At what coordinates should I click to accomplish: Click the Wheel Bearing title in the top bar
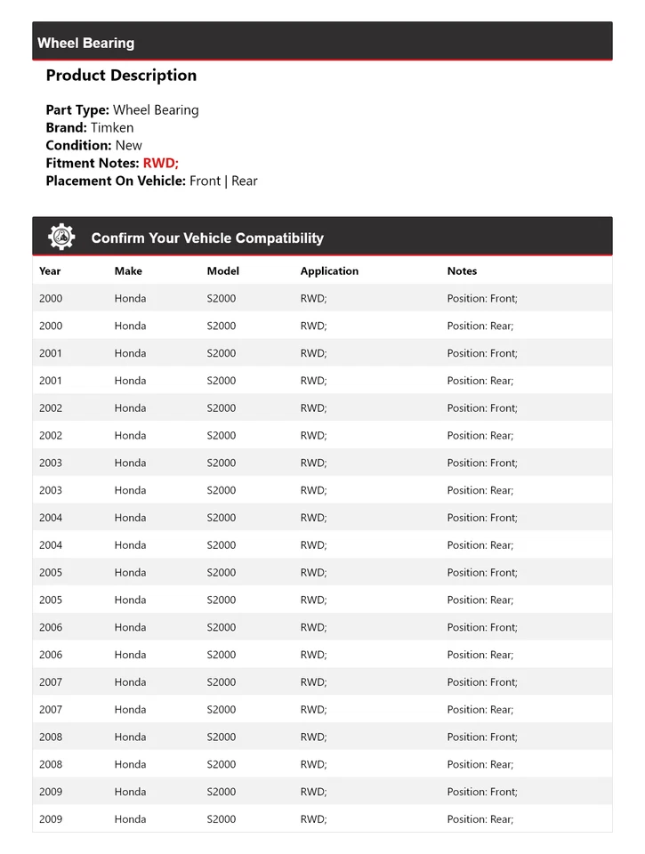click(86, 43)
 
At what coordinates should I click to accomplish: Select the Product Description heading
click(121, 76)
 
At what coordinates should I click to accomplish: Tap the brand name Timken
click(112, 127)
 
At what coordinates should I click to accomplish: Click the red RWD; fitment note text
click(161, 163)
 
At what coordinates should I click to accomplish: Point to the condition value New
click(129, 145)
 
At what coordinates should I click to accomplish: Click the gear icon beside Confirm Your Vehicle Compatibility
click(61, 238)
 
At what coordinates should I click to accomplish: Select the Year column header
click(50, 271)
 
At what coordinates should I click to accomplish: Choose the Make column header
click(128, 271)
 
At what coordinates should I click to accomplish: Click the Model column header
click(223, 271)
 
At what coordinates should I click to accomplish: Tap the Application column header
click(329, 271)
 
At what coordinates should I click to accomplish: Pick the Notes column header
click(462, 271)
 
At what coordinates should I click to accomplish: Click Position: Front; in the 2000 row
click(482, 299)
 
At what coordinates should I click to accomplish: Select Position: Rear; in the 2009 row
click(480, 819)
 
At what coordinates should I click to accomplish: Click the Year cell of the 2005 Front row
click(51, 573)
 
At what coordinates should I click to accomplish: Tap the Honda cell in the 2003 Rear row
click(130, 490)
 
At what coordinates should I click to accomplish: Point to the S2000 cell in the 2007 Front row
click(222, 682)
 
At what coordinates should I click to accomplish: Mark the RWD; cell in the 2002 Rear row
click(313, 436)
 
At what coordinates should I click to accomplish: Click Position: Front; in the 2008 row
click(482, 737)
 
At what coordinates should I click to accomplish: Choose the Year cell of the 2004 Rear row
click(51, 545)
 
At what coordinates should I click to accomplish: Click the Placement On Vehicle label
click(116, 181)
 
